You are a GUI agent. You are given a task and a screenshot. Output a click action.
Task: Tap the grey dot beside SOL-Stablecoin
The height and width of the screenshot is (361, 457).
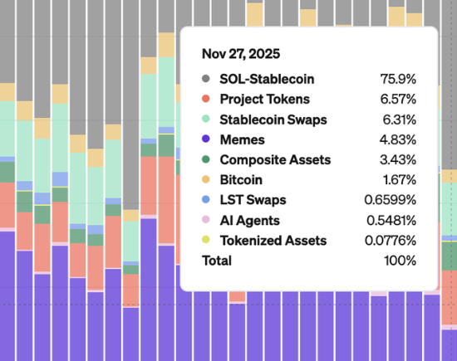pyautogui.click(x=205, y=80)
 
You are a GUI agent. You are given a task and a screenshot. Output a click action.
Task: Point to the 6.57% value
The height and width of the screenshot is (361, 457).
pyautogui.click(x=397, y=100)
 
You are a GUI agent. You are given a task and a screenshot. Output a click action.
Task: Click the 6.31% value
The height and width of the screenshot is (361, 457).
pyautogui.click(x=397, y=120)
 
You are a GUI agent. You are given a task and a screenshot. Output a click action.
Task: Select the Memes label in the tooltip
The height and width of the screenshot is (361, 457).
pyautogui.click(x=239, y=139)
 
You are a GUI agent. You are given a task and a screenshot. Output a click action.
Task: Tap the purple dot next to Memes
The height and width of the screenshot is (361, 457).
pyautogui.click(x=205, y=139)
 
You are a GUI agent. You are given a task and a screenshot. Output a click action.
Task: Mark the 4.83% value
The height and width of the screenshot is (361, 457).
pyautogui.click(x=397, y=139)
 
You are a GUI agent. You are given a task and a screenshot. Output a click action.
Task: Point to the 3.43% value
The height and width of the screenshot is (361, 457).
pyautogui.click(x=397, y=159)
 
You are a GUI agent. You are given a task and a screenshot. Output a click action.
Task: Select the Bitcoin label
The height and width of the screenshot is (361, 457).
pyautogui.click(x=241, y=179)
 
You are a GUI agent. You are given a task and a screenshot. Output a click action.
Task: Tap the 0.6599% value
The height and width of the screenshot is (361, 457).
pyautogui.click(x=390, y=200)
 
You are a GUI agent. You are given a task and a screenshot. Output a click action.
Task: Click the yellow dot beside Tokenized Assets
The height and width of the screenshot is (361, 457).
pyautogui.click(x=205, y=241)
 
